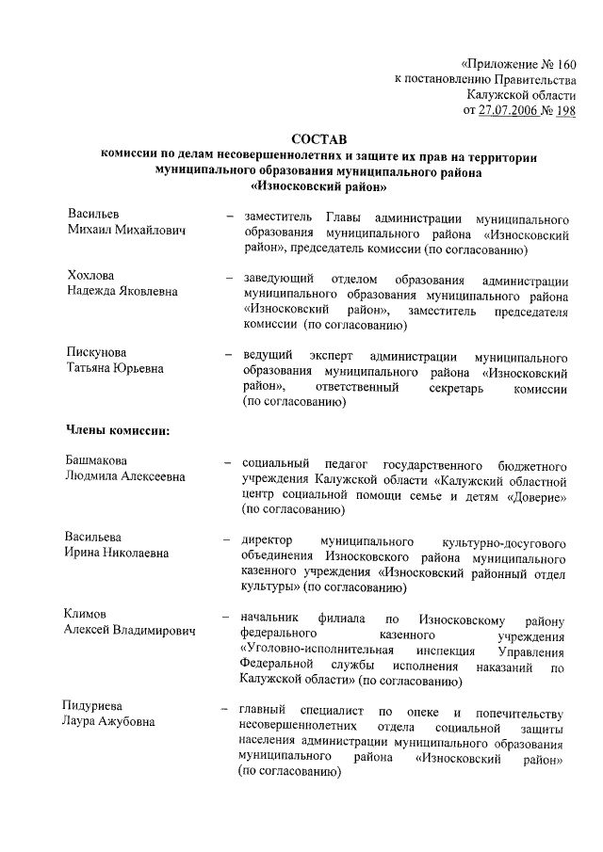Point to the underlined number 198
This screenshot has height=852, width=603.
pos(565,109)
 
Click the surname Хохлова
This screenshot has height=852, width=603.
pos(90,276)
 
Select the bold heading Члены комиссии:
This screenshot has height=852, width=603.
pos(118,431)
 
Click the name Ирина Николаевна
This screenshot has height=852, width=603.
pos(117,553)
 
